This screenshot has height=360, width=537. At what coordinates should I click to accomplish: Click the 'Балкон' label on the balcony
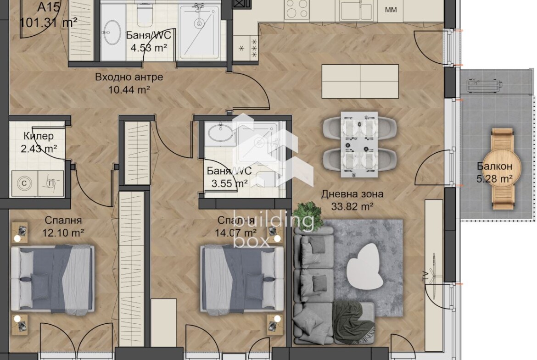click(494, 166)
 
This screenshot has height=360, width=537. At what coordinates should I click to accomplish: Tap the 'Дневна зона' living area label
click(352, 194)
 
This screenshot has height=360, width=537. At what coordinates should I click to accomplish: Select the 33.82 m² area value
click(352, 207)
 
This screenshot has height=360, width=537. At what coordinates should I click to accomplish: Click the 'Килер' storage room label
click(39, 136)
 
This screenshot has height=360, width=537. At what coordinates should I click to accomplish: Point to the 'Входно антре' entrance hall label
click(129, 78)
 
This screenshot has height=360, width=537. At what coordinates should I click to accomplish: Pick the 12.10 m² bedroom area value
click(63, 233)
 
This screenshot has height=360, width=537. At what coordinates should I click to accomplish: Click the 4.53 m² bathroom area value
click(149, 48)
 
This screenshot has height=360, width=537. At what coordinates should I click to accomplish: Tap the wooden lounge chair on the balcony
click(502, 169)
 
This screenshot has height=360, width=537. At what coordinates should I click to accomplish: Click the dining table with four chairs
click(359, 144)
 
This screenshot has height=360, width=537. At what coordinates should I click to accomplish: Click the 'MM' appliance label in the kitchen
click(391, 10)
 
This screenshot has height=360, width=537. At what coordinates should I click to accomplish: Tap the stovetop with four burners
click(296, 9)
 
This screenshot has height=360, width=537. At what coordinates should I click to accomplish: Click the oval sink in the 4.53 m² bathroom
click(112, 33)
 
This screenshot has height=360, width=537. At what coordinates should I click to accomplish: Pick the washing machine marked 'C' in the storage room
click(24, 183)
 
